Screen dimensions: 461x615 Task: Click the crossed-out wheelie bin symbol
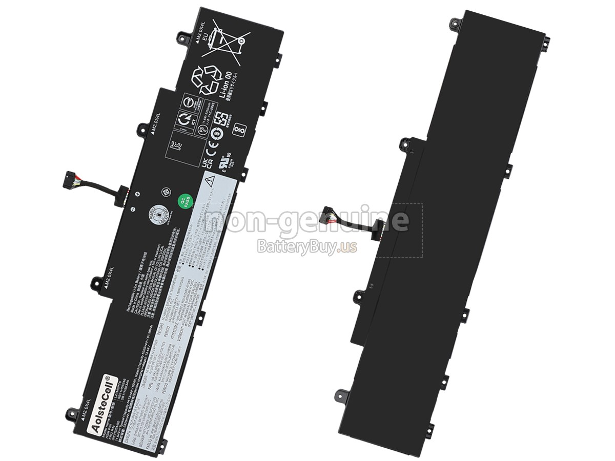[225, 39]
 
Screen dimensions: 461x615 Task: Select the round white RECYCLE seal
[160, 215]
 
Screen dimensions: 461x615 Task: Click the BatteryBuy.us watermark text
[306, 247]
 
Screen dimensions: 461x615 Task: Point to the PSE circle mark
[203, 130]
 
